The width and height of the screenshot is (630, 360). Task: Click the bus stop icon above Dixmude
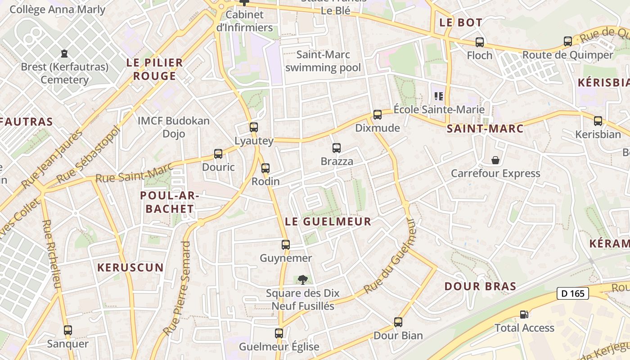(x=377, y=115)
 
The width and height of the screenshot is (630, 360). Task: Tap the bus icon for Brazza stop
(x=336, y=148)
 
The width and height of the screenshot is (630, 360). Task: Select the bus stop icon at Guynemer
(x=286, y=245)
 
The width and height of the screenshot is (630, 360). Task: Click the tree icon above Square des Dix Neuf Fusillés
(x=302, y=280)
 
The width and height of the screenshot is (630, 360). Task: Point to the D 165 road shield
(x=573, y=294)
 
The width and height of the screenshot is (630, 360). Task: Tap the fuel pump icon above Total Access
(x=524, y=315)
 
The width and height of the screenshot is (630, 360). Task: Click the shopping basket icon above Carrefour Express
(x=495, y=160)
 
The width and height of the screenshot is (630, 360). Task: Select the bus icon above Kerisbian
(x=598, y=121)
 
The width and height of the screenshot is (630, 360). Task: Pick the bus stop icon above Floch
(x=480, y=42)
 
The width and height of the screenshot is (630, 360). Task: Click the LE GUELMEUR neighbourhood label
(x=328, y=221)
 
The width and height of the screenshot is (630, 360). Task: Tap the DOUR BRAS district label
(x=480, y=287)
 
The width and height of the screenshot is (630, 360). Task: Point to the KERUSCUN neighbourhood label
(x=130, y=267)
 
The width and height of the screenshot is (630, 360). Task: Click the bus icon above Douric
(x=218, y=154)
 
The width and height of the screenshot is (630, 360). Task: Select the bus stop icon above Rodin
(x=265, y=168)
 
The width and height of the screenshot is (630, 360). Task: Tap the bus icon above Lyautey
(x=254, y=127)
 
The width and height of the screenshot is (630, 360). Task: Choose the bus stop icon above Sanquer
(x=68, y=331)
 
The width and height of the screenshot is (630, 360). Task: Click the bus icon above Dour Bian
(x=398, y=322)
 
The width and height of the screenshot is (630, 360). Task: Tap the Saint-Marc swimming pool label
(x=323, y=61)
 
